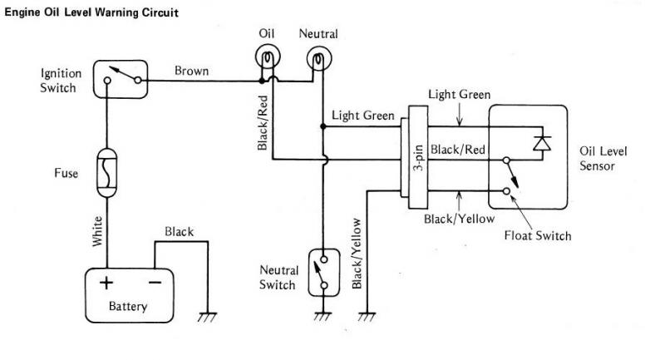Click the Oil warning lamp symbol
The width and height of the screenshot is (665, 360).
pyautogui.click(x=268, y=56)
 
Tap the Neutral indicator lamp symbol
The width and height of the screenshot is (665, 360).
pyautogui.click(x=319, y=58)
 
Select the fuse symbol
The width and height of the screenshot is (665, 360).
pyautogui.click(x=107, y=173)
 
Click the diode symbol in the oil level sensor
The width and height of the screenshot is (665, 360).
pyautogui.click(x=542, y=143)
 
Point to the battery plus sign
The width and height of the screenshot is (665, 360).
pyautogui.click(x=106, y=283)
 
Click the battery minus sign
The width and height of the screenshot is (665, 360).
pyautogui.click(x=155, y=282)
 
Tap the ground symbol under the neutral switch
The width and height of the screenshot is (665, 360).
pyautogui.click(x=323, y=316)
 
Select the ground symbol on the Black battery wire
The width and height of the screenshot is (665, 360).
pyautogui.click(x=207, y=317)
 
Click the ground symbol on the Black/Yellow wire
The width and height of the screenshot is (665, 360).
pyautogui.click(x=367, y=316)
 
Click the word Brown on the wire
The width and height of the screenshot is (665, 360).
pyautogui.click(x=192, y=71)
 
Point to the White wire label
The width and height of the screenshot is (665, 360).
pyautogui.click(x=97, y=231)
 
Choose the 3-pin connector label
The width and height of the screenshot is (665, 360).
pyautogui.click(x=418, y=158)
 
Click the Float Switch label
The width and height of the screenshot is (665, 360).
pyautogui.click(x=538, y=235)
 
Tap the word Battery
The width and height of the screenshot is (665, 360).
pyautogui.click(x=128, y=306)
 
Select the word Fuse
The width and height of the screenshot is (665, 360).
pyautogui.click(x=66, y=173)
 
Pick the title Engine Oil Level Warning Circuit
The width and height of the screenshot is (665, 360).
pyautogui.click(x=91, y=12)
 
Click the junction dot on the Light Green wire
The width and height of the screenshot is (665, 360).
pyautogui.click(x=323, y=126)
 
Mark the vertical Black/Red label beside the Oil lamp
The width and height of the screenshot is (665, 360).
pyautogui.click(x=263, y=123)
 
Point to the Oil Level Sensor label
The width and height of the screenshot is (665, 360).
pyautogui.click(x=603, y=159)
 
